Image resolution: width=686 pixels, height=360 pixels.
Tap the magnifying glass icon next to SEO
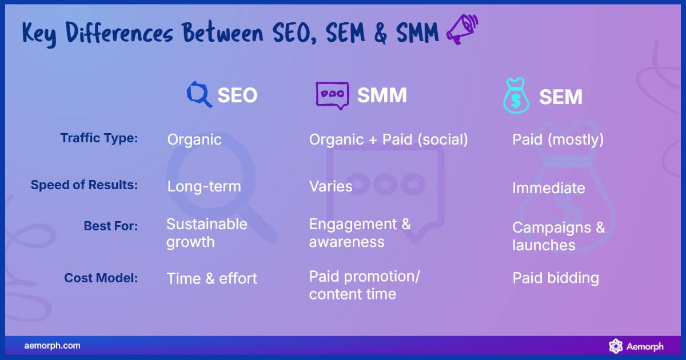199,95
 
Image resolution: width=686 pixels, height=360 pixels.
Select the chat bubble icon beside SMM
332,95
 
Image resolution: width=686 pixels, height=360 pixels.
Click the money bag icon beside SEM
516,96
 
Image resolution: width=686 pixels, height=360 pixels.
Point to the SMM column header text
382,95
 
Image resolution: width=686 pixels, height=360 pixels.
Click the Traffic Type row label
99,138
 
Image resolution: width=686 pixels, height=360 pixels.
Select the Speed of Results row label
84,185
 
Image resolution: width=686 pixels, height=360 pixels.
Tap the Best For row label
110,226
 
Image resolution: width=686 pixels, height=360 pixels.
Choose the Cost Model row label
101,278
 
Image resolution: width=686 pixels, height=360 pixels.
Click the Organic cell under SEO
194,139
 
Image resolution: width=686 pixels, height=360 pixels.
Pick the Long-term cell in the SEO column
204,186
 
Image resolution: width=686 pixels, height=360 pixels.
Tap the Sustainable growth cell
206,233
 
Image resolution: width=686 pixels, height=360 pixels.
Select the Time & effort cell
212,278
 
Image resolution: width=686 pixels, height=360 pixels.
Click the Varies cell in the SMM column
330,186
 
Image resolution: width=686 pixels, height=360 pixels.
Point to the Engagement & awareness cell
360,233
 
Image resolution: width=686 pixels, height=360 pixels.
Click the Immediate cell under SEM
548,188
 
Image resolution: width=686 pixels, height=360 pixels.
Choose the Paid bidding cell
555,278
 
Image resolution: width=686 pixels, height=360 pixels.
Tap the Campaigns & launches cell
558,236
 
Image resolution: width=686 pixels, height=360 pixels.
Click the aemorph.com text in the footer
52,346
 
